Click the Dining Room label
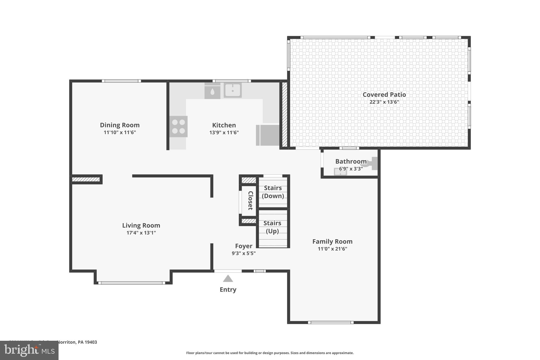tap(120, 125)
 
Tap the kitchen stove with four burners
tap(179, 127)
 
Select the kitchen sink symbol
tap(233, 90)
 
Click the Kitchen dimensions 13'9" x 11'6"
tap(224, 132)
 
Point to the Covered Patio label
tap(384, 95)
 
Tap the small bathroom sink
tap(340, 172)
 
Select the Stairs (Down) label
tap(273, 192)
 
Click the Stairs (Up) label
tap(272, 227)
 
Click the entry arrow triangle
tap(228, 279)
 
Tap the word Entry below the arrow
tap(228, 290)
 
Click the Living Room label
tap(141, 225)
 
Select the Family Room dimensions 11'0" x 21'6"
tap(332, 249)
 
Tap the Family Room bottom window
tap(331, 322)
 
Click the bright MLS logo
tap(29, 351)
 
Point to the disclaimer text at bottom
tap(270, 353)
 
